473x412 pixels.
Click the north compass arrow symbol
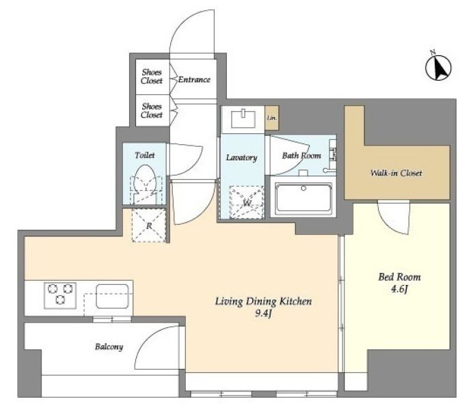point(438,67)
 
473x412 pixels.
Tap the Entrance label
point(194,80)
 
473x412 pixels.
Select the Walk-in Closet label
point(396,173)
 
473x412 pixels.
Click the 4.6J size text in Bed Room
point(399,289)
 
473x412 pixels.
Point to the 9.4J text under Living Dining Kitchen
point(263,314)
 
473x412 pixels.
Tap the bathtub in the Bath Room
point(303,198)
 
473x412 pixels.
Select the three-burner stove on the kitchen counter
point(60,296)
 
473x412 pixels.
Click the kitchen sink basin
point(113,296)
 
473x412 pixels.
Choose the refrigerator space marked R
point(149,225)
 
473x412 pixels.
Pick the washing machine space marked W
point(247,202)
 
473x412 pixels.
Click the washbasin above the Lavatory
point(243,120)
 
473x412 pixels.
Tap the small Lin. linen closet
point(271,118)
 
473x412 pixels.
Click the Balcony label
point(109,347)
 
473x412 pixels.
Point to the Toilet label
point(145,155)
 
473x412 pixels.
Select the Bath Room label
point(301,156)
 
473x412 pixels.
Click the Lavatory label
point(242,158)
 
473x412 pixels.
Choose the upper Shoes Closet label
point(152,77)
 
